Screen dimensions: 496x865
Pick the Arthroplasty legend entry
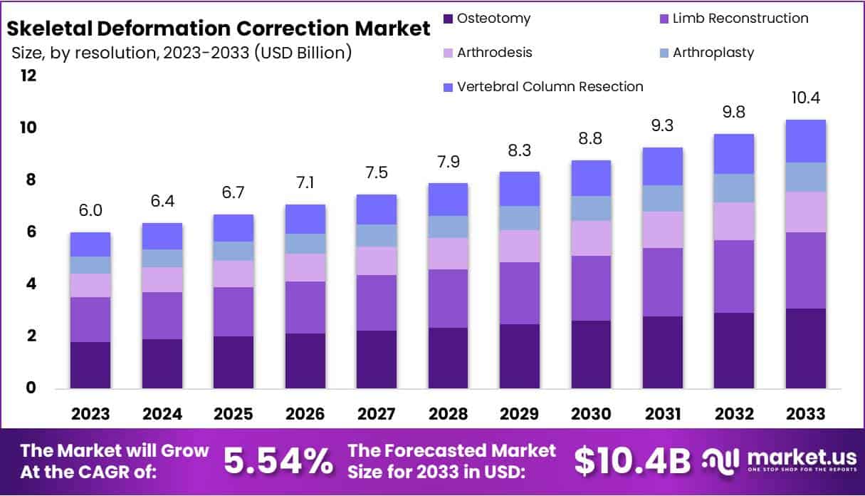(713, 53)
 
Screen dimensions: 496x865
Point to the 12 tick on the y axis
(28, 76)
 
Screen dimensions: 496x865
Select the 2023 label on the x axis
(90, 414)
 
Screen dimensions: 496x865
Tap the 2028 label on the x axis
(448, 414)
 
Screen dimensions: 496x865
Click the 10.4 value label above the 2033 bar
(806, 98)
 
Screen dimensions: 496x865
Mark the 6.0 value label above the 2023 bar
(90, 210)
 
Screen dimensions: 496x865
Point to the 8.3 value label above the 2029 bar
(519, 150)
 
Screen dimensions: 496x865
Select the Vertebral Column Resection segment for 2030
(591, 178)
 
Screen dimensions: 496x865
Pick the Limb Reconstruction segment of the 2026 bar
(305, 307)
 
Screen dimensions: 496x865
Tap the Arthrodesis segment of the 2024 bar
(162, 279)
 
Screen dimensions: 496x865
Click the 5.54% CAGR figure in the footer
(278, 462)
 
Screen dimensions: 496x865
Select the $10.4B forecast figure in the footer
(632, 462)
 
